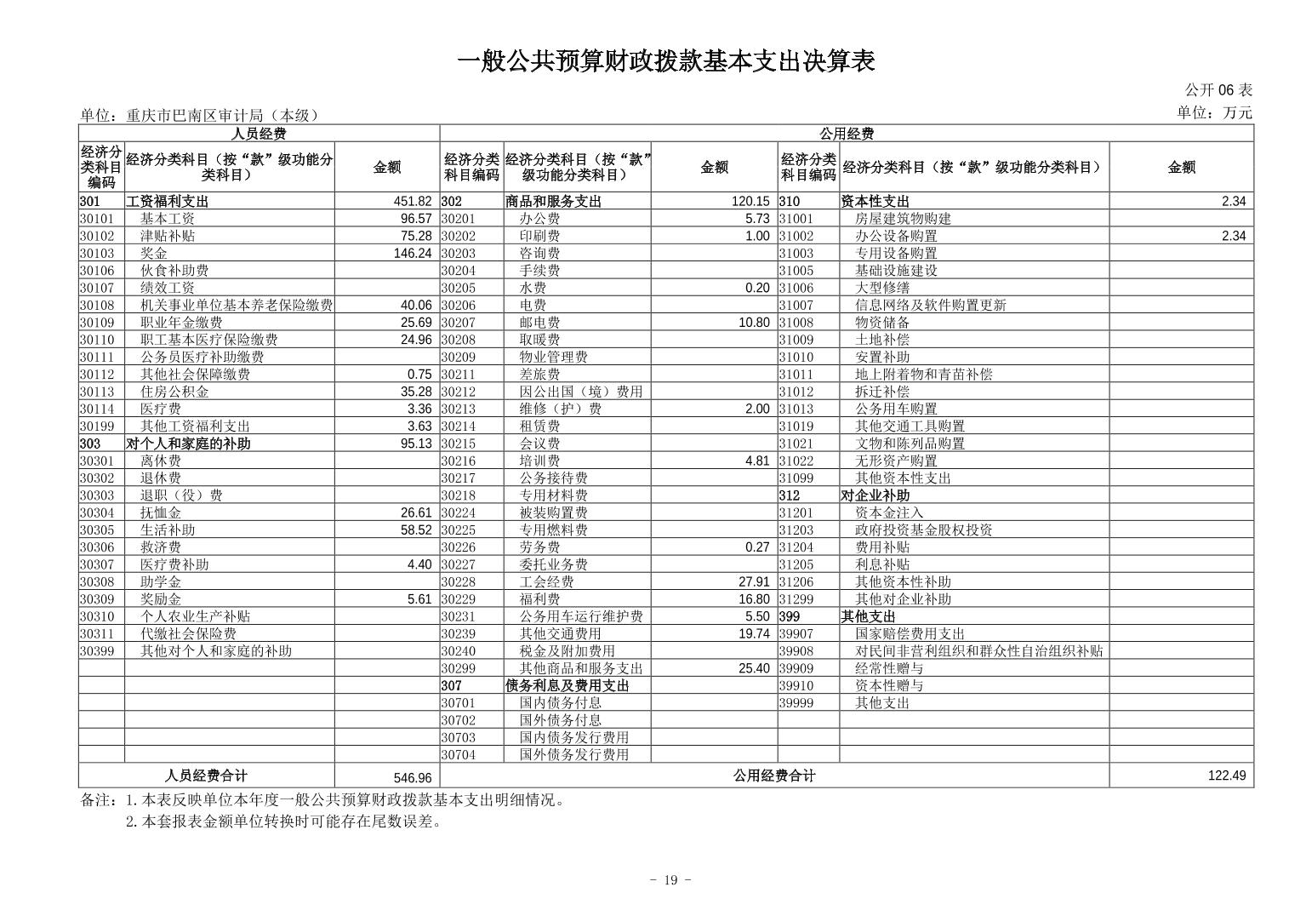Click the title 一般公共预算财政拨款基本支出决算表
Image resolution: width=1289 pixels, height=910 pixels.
(x=665, y=61)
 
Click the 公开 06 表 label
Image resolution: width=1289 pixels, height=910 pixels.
(x=1218, y=90)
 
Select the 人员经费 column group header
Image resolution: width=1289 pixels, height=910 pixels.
(x=259, y=134)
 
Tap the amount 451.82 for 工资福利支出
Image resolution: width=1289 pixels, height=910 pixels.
(x=413, y=202)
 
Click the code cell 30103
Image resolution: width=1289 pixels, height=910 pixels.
(x=96, y=254)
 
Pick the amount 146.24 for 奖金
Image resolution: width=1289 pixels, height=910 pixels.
(x=413, y=254)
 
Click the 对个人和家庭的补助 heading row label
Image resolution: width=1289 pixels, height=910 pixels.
(x=188, y=444)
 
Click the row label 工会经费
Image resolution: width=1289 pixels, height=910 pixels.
(x=546, y=582)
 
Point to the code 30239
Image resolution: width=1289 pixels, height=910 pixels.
(x=459, y=634)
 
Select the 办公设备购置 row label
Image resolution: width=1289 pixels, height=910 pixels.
(x=896, y=236)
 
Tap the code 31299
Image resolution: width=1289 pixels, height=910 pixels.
(x=796, y=599)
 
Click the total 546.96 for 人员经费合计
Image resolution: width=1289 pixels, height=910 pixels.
(x=414, y=777)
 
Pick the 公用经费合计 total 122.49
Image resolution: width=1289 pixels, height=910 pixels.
(x=1226, y=776)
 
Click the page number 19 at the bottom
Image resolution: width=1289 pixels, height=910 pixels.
(x=670, y=880)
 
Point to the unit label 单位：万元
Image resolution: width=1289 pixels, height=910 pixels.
(x=1214, y=112)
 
